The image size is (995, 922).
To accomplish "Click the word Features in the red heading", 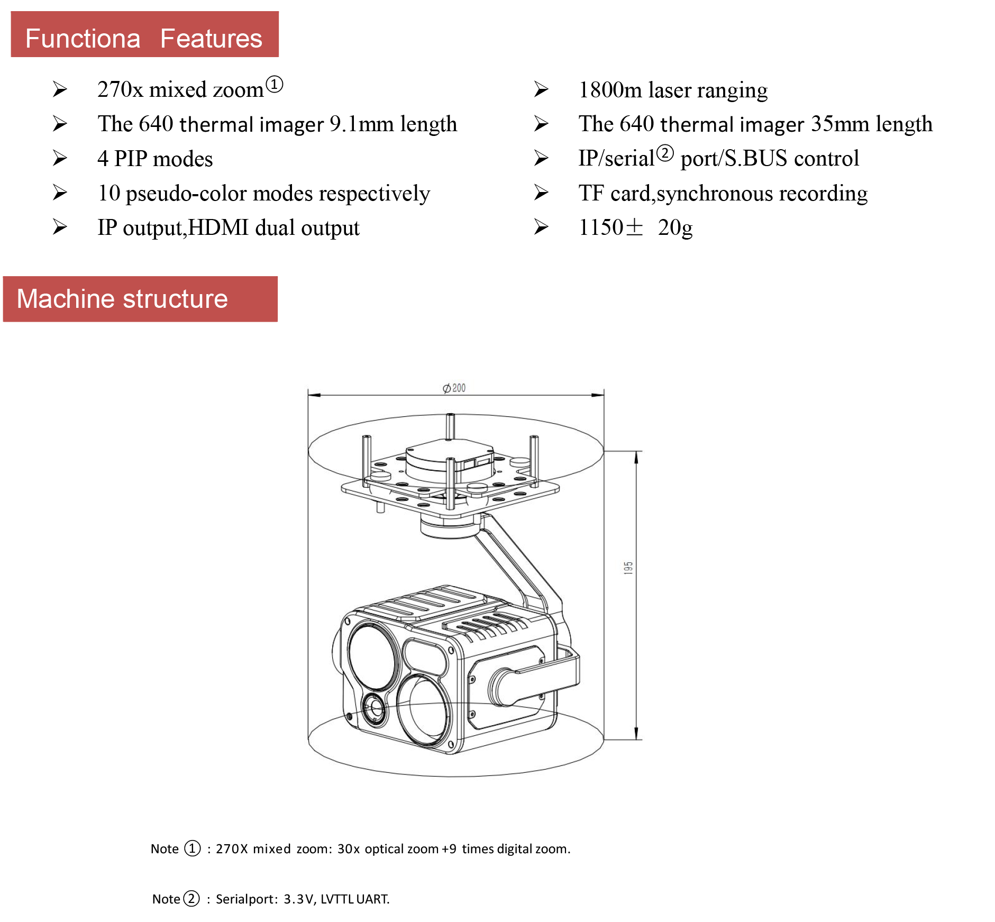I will pyautogui.click(x=211, y=39).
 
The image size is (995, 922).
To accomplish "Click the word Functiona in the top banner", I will pyautogui.click(x=83, y=39).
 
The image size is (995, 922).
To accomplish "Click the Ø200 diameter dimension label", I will pyautogui.click(x=454, y=388).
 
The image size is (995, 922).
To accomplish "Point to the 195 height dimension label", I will pyautogui.click(x=628, y=568).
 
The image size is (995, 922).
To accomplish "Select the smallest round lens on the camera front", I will pyautogui.click(x=375, y=707).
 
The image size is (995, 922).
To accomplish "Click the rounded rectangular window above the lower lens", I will pyautogui.click(x=425, y=656).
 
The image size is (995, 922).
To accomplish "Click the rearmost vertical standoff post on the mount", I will pyautogui.click(x=450, y=426).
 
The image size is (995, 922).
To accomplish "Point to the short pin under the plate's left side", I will pyautogui.click(x=380, y=507).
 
